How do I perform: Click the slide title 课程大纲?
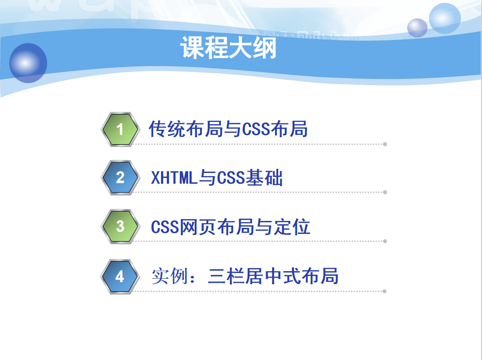[x=228, y=47]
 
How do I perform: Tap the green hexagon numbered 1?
[x=120, y=129]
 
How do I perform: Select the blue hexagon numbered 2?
[x=120, y=178]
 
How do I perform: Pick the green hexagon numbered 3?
[x=120, y=227]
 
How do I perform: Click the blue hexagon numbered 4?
[x=120, y=276]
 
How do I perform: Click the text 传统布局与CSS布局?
[x=228, y=129]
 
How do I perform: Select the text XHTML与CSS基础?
[x=217, y=178]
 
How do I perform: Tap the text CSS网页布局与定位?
[x=231, y=227]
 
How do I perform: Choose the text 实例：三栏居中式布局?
[x=245, y=276]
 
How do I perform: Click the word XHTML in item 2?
[x=174, y=178]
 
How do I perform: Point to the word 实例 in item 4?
[x=170, y=276]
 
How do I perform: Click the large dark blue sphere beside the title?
[x=28, y=63]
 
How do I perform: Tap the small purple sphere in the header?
[x=417, y=28]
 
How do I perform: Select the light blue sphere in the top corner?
[x=445, y=18]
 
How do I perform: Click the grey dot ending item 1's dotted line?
[x=385, y=144]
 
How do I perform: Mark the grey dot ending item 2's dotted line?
[x=385, y=193]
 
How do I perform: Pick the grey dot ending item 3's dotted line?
[x=385, y=241]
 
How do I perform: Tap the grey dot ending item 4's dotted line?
[x=385, y=292]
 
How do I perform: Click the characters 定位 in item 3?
[x=292, y=227]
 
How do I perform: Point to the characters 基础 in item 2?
[x=264, y=178]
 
